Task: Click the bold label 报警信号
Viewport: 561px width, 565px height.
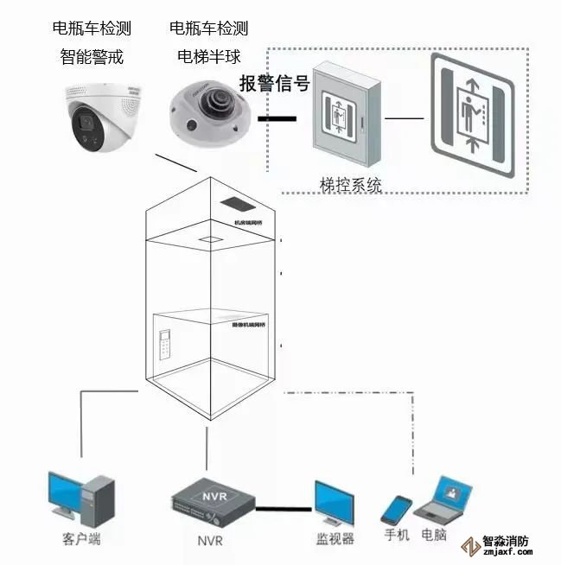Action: tap(274, 84)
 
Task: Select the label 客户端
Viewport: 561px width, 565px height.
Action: tap(80, 540)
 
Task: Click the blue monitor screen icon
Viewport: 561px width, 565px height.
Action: tap(333, 503)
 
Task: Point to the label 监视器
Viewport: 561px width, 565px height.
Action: tap(335, 539)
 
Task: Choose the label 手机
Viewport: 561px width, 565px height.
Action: tap(397, 535)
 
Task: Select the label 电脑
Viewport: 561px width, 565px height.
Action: tap(434, 535)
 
